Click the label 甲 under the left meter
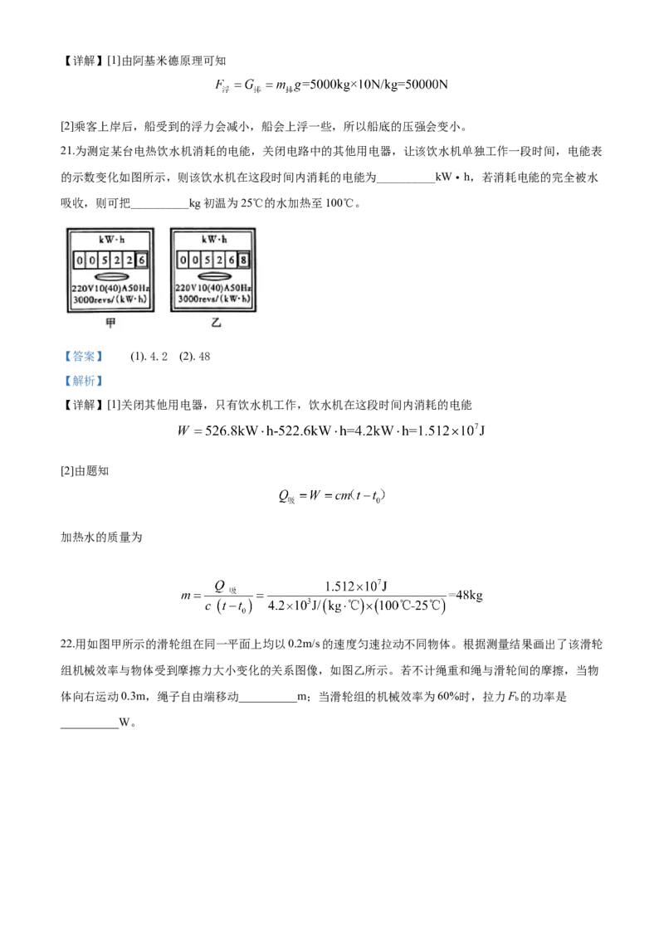click(x=111, y=323)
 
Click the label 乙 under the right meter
click(x=216, y=322)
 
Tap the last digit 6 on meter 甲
click(x=142, y=260)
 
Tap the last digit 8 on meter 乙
click(x=243, y=260)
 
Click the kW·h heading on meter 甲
click(x=111, y=240)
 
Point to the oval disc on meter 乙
click(x=214, y=277)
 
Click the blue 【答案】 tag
click(x=83, y=357)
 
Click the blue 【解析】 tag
click(x=83, y=380)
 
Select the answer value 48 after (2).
click(x=203, y=357)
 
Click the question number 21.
click(x=66, y=151)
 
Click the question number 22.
click(x=66, y=644)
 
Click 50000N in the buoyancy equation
click(x=427, y=84)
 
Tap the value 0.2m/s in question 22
click(x=304, y=644)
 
